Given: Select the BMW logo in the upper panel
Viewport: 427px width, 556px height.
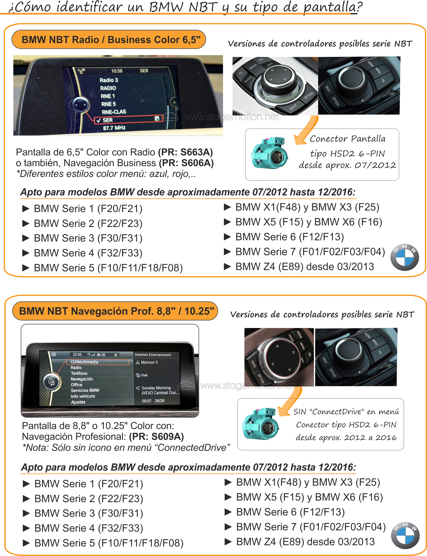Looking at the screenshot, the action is (x=405, y=257).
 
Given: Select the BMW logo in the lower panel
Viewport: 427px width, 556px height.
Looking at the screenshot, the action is (x=405, y=535).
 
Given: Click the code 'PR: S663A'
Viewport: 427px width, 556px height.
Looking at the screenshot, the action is (x=185, y=152).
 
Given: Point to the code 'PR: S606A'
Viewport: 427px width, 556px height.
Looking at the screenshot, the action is (x=186, y=163).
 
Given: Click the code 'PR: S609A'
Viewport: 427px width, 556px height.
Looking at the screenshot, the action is (x=156, y=436).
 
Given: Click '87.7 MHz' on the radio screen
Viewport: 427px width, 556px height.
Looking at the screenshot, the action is (x=114, y=128).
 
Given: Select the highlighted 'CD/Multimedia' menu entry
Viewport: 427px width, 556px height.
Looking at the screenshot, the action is (x=97, y=362).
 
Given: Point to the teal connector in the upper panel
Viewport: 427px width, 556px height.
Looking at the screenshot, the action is (x=269, y=153).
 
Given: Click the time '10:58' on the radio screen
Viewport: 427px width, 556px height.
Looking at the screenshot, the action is (x=117, y=71).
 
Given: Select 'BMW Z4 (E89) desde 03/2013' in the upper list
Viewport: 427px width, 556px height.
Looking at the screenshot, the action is (x=305, y=267).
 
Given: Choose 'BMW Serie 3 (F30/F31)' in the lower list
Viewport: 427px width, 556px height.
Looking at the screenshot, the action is (x=89, y=513).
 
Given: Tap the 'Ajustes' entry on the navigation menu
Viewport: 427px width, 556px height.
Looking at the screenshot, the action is (x=78, y=402).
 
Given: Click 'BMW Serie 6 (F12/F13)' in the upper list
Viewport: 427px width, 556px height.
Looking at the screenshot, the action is (x=290, y=237).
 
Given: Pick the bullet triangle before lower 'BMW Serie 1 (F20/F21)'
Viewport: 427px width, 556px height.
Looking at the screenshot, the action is (x=26, y=484).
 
